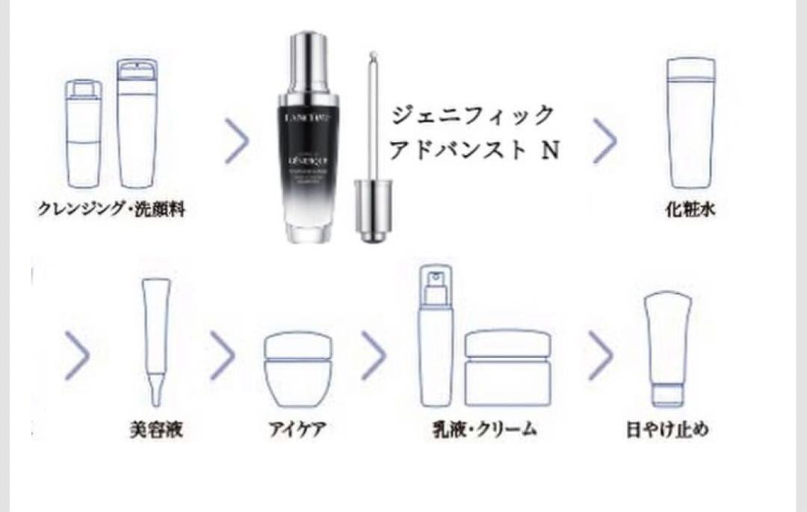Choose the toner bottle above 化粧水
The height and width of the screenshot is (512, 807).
(x=691, y=123)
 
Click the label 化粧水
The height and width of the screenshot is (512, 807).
(x=690, y=210)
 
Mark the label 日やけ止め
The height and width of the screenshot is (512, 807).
(x=667, y=430)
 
